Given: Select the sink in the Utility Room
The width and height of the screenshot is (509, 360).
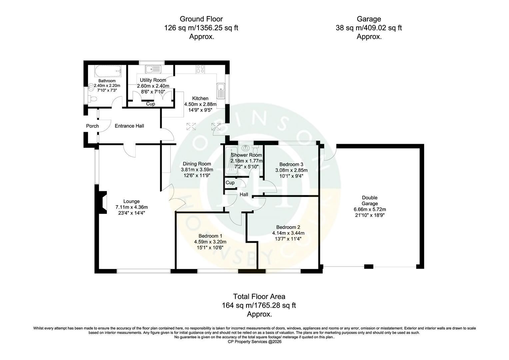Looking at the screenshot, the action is (x=153, y=69).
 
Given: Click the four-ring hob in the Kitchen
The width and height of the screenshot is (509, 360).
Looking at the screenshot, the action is (x=200, y=69).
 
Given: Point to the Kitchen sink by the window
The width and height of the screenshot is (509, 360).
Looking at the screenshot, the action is (x=221, y=91).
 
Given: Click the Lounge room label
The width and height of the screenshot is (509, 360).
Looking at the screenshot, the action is (x=131, y=201).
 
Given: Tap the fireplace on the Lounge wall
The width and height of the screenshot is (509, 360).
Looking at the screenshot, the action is (x=103, y=202).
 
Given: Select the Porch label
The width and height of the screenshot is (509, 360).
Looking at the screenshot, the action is (x=93, y=126).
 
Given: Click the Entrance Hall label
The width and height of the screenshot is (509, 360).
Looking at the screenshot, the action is (x=129, y=126).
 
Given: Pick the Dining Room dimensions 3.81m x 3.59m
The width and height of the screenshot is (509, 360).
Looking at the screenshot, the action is (x=197, y=170).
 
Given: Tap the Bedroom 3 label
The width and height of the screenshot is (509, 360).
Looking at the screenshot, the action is (x=291, y=164).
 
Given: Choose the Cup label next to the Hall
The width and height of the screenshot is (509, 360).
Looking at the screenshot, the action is (x=230, y=183).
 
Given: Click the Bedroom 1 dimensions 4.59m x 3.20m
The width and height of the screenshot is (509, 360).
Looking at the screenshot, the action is (x=210, y=242).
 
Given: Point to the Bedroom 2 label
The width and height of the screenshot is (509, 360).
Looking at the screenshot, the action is (x=288, y=227).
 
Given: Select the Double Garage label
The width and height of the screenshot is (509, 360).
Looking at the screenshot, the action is (x=370, y=201).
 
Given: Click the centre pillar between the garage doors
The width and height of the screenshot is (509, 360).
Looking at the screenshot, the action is (x=368, y=267).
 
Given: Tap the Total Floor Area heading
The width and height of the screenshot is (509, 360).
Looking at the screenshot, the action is (x=259, y=297).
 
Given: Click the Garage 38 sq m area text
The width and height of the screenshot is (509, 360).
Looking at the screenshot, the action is (x=369, y=28).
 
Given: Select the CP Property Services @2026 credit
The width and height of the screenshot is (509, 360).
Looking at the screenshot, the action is (x=254, y=342).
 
